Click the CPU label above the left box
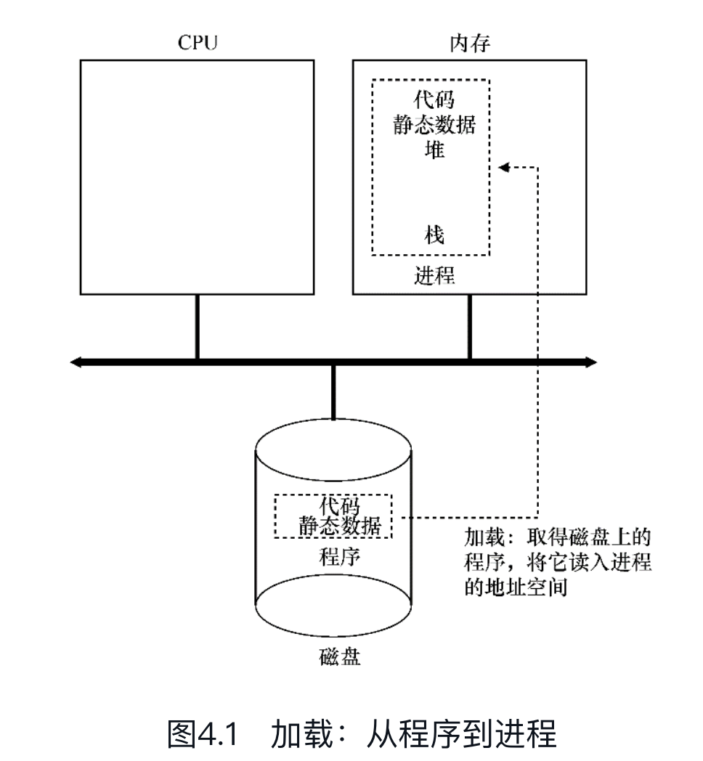(198, 43)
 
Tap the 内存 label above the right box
(470, 43)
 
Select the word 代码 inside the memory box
(434, 99)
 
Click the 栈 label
(434, 235)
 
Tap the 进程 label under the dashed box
(434, 275)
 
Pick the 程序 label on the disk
(339, 558)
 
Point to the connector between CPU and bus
(197, 327)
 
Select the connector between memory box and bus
(469, 327)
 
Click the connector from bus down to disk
(333, 393)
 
